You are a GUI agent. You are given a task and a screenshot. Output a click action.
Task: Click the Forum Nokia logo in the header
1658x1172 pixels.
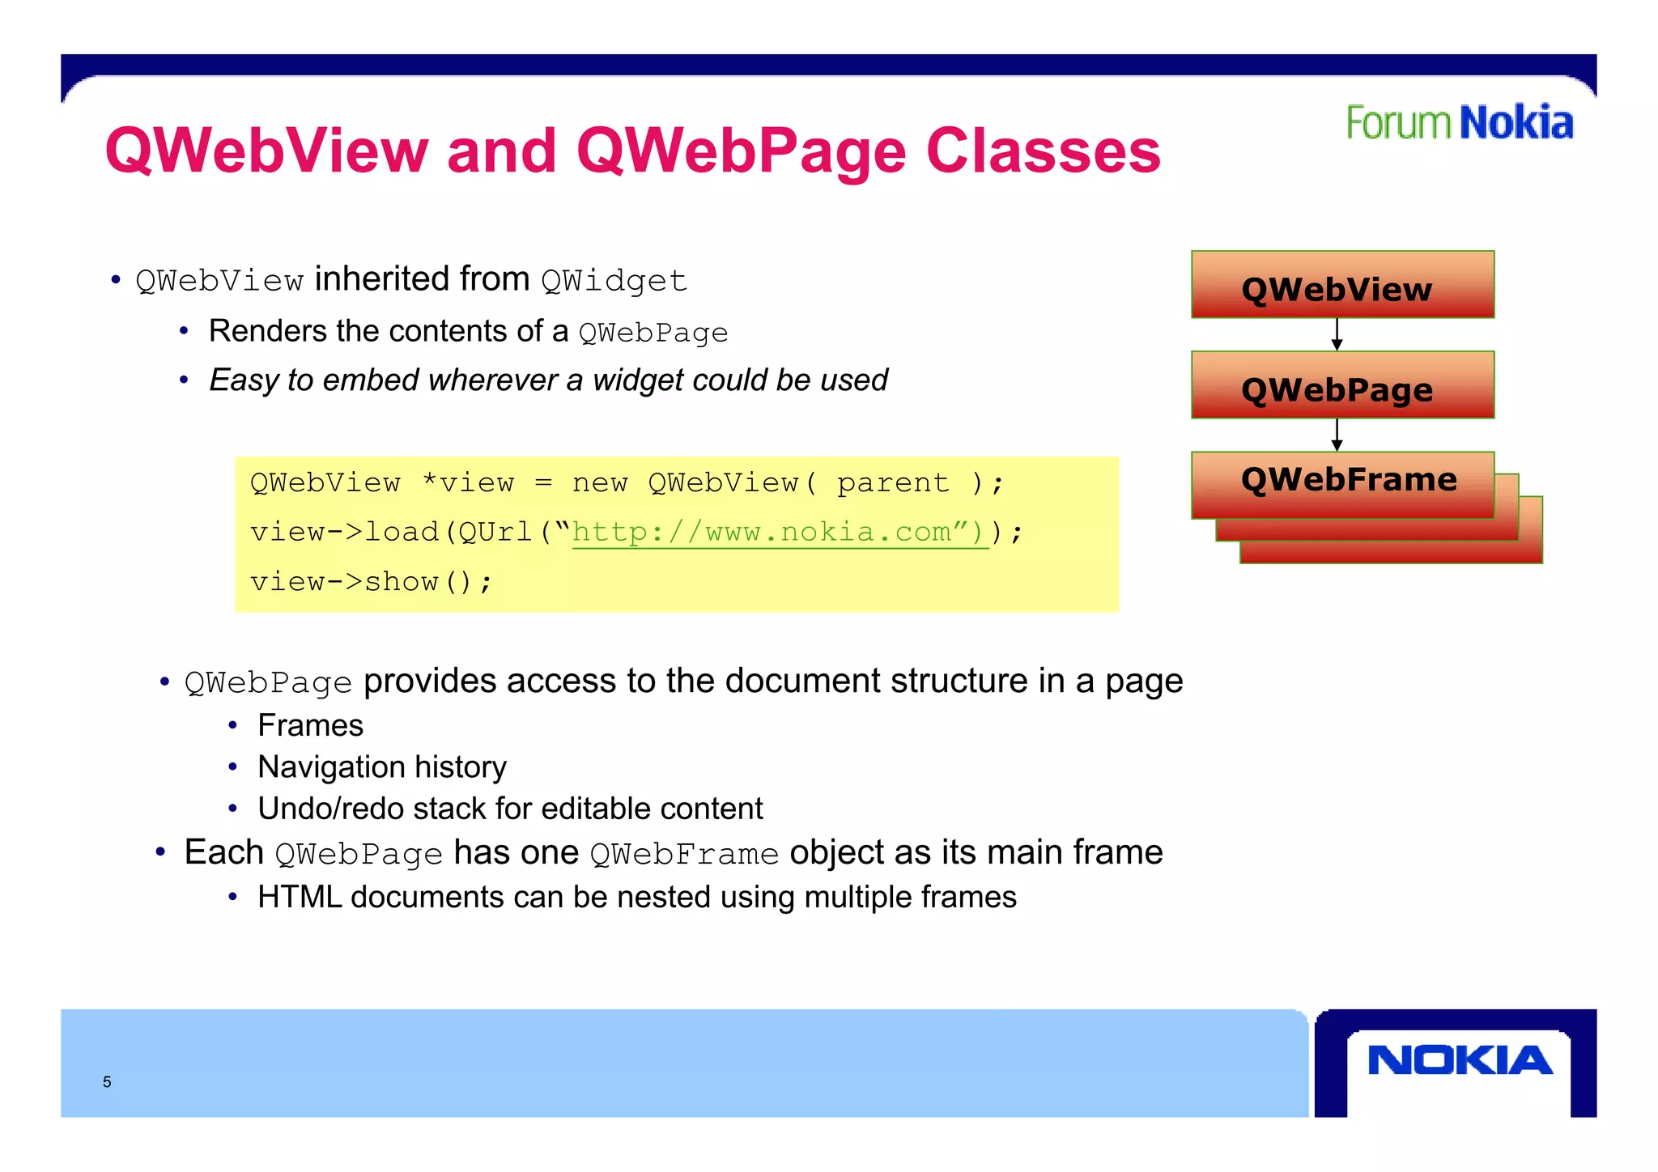click(1459, 123)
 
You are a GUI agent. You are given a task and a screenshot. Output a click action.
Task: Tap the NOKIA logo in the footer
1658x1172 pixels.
click(1459, 1060)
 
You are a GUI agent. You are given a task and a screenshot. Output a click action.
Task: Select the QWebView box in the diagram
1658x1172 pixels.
click(1342, 285)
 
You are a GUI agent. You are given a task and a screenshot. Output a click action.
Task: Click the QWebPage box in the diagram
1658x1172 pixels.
click(1342, 385)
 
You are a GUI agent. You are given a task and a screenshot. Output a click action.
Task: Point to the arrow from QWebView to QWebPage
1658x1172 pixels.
click(1337, 334)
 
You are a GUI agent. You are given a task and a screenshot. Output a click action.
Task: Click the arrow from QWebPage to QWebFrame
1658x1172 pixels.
click(1337, 435)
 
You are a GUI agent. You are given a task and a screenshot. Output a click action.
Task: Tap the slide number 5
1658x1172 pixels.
click(107, 1082)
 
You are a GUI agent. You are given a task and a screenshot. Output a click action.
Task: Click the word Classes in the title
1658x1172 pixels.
click(1043, 151)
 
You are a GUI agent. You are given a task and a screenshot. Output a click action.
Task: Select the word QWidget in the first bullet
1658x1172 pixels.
click(614, 281)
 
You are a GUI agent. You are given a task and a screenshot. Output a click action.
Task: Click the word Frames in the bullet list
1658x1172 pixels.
click(310, 725)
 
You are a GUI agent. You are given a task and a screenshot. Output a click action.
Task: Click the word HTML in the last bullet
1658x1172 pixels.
click(299, 897)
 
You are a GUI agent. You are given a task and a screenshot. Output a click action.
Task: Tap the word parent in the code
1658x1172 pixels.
click(892, 483)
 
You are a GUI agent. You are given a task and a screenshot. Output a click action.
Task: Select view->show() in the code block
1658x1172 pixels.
click(371, 582)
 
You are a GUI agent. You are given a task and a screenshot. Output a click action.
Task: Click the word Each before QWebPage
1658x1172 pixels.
click(223, 852)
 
